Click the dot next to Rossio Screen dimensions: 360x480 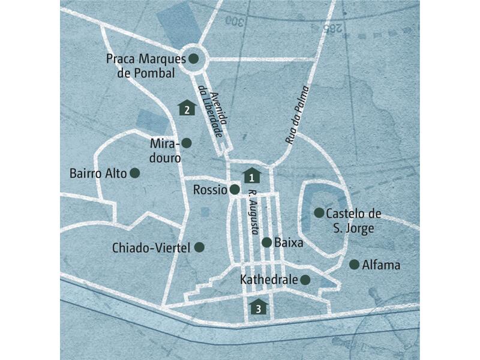pyautogui.click(x=235, y=190)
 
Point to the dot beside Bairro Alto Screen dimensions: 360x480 pyautogui.click(x=135, y=173)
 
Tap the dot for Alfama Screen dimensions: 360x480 pyautogui.click(x=354, y=264)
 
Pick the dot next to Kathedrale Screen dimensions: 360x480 pyautogui.click(x=305, y=280)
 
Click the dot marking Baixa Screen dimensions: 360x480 pyautogui.click(x=266, y=242)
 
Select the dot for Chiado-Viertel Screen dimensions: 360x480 pyautogui.click(x=200, y=247)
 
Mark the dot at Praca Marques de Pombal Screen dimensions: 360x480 pyautogui.click(x=194, y=59)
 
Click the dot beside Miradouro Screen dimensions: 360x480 pyautogui.click(x=187, y=143)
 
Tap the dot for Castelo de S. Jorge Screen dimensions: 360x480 pyautogui.click(x=319, y=212)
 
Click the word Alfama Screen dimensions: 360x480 pyautogui.click(x=381, y=265)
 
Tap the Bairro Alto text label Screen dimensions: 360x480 pyautogui.click(x=98, y=173)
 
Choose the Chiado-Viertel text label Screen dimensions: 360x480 pyautogui.click(x=151, y=247)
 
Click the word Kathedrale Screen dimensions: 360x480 pyautogui.click(x=268, y=280)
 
